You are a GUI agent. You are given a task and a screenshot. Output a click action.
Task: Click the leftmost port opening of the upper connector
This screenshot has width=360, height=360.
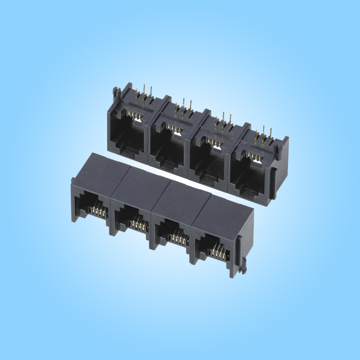coord(127,130)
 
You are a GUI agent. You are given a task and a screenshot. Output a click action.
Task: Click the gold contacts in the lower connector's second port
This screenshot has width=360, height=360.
coord(138,221)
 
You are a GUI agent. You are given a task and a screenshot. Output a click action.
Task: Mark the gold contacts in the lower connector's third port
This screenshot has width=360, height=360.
coord(179,234)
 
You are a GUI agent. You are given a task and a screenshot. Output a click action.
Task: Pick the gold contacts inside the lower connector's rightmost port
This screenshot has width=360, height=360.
coord(220,250)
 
